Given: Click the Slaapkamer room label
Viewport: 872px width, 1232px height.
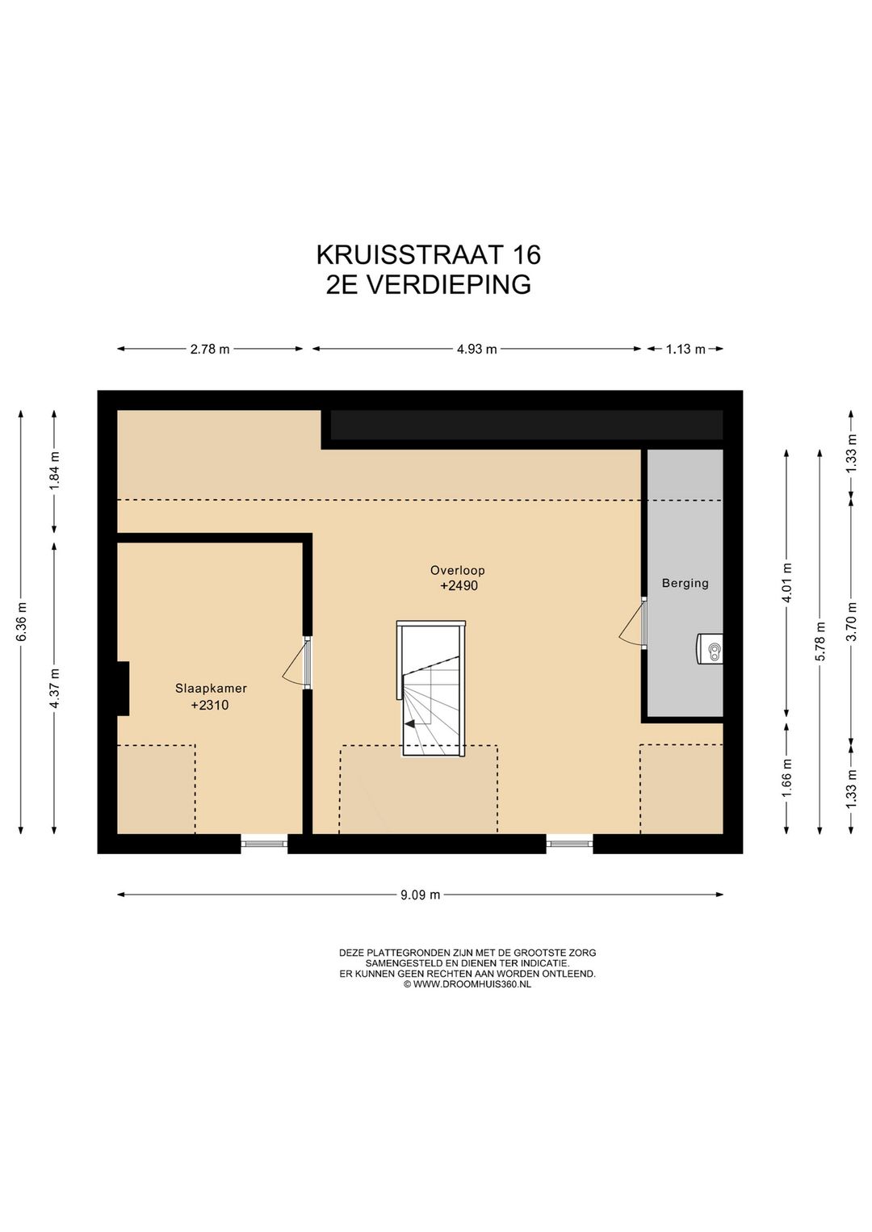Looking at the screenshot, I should [x=211, y=689].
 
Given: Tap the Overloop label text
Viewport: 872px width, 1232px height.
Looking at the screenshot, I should [x=457, y=571].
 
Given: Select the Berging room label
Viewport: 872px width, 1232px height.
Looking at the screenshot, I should [x=685, y=583].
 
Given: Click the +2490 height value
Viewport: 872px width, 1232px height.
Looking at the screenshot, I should [x=459, y=586].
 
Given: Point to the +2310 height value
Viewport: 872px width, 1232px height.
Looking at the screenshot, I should [x=209, y=705].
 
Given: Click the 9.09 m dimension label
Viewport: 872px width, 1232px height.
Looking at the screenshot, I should [x=420, y=895].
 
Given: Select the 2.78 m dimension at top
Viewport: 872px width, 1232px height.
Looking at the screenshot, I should [x=210, y=350].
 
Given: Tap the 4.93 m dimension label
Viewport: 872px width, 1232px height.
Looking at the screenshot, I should [x=476, y=350].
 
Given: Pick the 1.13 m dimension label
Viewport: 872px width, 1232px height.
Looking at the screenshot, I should [x=685, y=350].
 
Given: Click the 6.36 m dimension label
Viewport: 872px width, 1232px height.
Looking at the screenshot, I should [x=22, y=622].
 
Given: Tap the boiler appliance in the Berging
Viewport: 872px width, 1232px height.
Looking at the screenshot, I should [x=710, y=648].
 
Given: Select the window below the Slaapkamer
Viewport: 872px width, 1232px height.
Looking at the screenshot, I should [x=264, y=844].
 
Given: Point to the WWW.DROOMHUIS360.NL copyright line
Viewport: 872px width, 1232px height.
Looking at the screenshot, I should [x=467, y=984].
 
